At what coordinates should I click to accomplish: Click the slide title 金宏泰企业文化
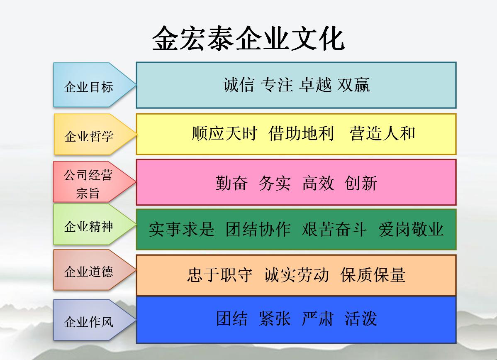click(x=248, y=38)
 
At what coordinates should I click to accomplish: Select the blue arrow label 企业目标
click(x=89, y=87)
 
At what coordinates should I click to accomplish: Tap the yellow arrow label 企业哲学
click(x=89, y=136)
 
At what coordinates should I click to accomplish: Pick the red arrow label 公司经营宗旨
click(x=88, y=184)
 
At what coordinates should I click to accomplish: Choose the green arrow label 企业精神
click(x=89, y=226)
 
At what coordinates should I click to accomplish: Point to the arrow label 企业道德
click(x=89, y=272)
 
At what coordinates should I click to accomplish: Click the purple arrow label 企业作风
click(x=89, y=322)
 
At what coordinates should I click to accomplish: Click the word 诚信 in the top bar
click(x=239, y=85)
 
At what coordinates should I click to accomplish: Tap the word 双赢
click(x=354, y=85)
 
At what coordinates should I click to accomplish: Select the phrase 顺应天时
click(x=224, y=133)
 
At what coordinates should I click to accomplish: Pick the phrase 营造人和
click(x=382, y=133)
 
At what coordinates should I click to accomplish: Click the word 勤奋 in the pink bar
click(x=231, y=184)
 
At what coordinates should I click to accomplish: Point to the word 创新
click(x=361, y=184)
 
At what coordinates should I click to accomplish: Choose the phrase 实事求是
click(x=182, y=229)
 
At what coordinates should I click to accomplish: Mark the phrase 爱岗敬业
click(x=411, y=229)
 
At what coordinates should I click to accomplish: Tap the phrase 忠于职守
click(x=219, y=275)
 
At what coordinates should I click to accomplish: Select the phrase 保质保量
click(x=373, y=275)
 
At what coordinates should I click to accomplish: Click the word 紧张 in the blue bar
click(x=275, y=318)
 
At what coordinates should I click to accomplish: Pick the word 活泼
click(x=361, y=318)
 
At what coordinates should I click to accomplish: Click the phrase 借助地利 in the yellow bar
click(x=301, y=133)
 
